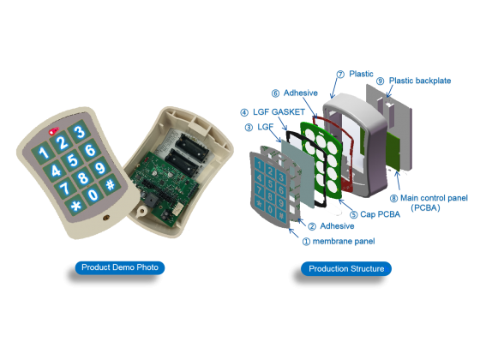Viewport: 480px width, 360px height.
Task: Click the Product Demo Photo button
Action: pos(120,267)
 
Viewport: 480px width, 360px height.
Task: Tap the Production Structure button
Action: pos(346,269)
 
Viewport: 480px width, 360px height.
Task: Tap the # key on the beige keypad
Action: pos(111,184)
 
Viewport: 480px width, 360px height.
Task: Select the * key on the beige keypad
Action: pos(75,206)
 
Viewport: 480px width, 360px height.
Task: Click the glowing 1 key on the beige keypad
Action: pos(44,152)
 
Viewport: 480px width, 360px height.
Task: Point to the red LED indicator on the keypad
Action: pos(54,131)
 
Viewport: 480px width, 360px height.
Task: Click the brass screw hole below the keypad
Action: pos(106,218)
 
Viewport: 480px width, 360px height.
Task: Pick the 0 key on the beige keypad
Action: pos(93,195)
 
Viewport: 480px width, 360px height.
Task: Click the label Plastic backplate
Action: pos(420,81)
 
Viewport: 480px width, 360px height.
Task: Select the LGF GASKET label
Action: pos(279,112)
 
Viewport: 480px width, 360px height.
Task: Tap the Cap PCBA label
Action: pos(380,214)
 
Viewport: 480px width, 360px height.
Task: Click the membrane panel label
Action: pos(344,242)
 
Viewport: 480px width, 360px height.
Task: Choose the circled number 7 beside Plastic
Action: pos(340,75)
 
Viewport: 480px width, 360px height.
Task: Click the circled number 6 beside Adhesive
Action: pos(275,93)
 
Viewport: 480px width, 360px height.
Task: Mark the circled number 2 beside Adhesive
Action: pos(312,226)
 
